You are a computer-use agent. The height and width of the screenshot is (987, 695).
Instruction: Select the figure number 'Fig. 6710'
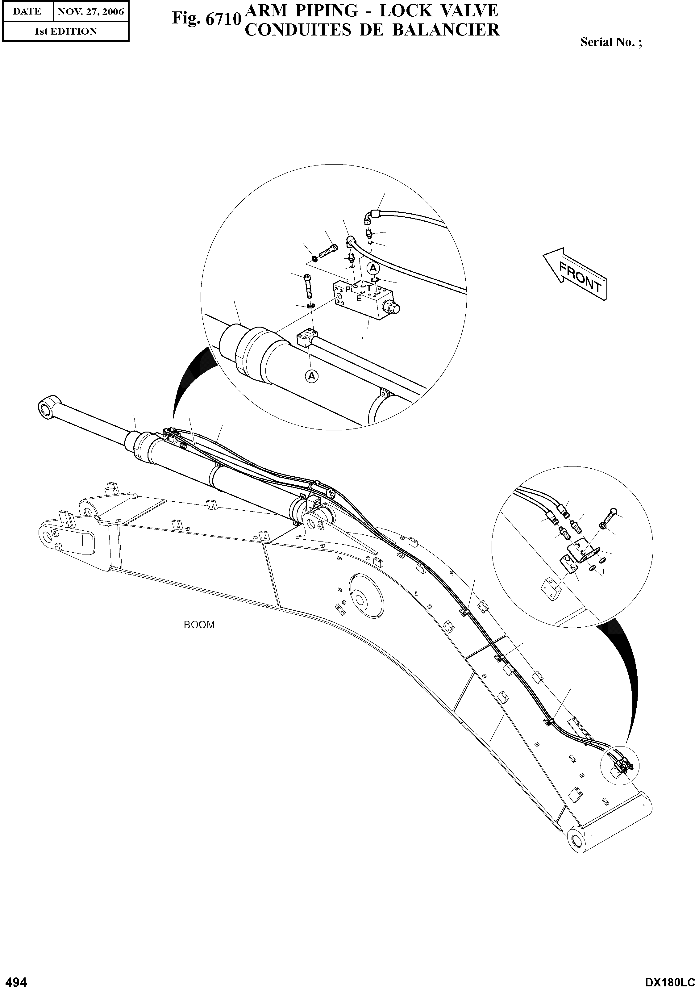206,19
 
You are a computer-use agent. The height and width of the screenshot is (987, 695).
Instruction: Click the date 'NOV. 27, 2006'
91,12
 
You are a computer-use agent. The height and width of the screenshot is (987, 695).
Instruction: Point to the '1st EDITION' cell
65,31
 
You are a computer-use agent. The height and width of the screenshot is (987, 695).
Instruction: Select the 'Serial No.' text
611,42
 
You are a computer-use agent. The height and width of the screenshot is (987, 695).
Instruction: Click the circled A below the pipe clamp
312,376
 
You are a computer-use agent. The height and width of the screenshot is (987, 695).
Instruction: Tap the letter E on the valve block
359,299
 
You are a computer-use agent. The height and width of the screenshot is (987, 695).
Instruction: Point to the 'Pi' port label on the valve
348,289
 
